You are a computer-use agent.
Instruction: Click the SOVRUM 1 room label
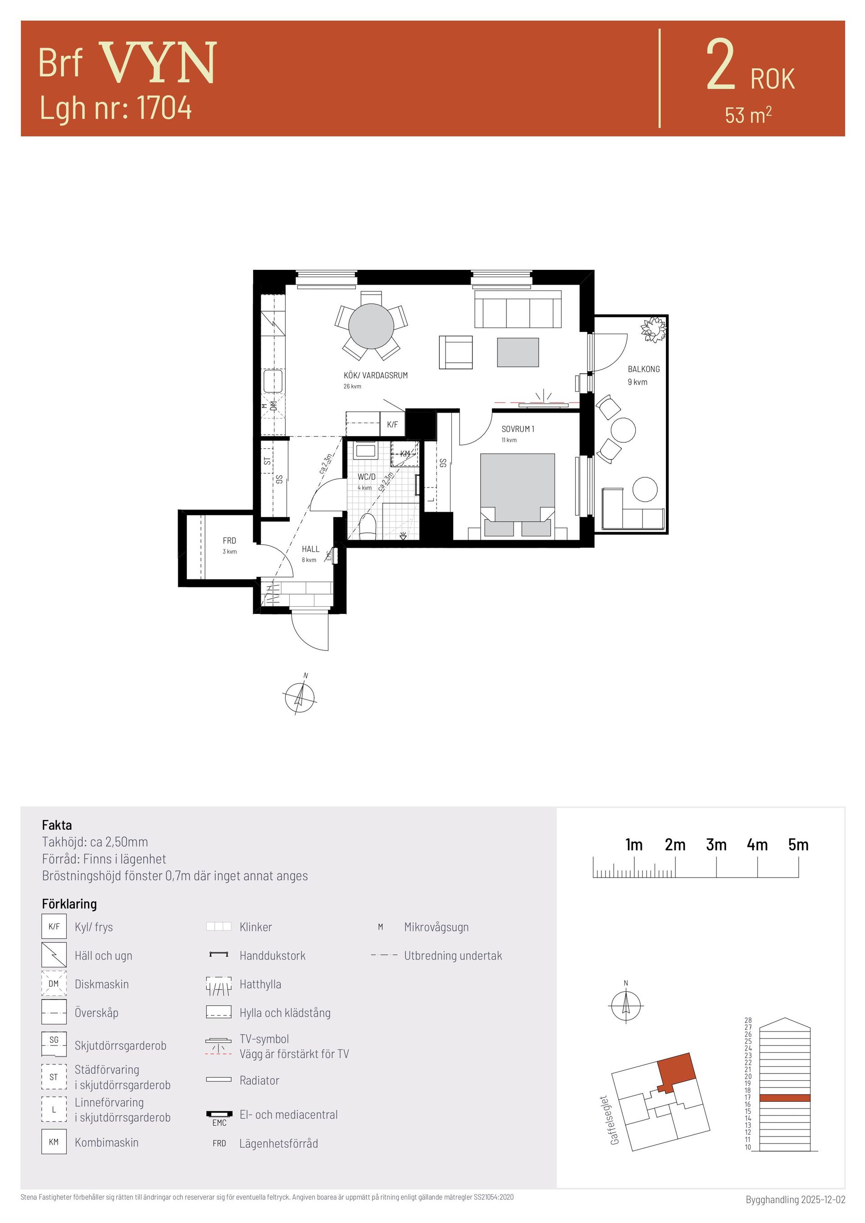518,429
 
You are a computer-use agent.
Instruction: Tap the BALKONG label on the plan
643,368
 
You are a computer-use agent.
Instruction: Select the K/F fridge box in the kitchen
392,424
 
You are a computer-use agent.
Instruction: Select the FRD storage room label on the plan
230,541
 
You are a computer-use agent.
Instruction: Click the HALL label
310,549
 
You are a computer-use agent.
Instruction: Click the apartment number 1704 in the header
164,108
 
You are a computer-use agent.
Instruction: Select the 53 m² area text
748,114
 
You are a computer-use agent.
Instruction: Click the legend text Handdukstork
272,955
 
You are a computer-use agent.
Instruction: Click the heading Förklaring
69,904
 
